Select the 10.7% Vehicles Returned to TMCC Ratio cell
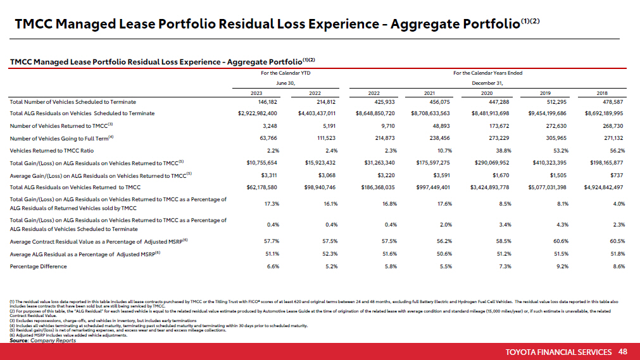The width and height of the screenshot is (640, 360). tap(443, 151)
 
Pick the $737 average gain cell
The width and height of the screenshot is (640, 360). tap(618, 175)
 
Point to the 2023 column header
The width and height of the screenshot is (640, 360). tap(256, 92)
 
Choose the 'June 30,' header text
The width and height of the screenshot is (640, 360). tap(285, 83)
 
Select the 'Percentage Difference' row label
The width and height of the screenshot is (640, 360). tap(39, 266)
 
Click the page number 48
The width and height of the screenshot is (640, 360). tap(623, 352)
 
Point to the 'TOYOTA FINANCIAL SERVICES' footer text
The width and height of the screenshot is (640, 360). tap(558, 352)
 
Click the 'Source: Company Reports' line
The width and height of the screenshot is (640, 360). tap(42, 340)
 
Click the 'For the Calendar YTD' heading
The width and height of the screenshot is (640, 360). tap(285, 73)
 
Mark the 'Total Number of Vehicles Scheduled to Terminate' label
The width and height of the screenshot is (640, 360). tap(73, 101)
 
